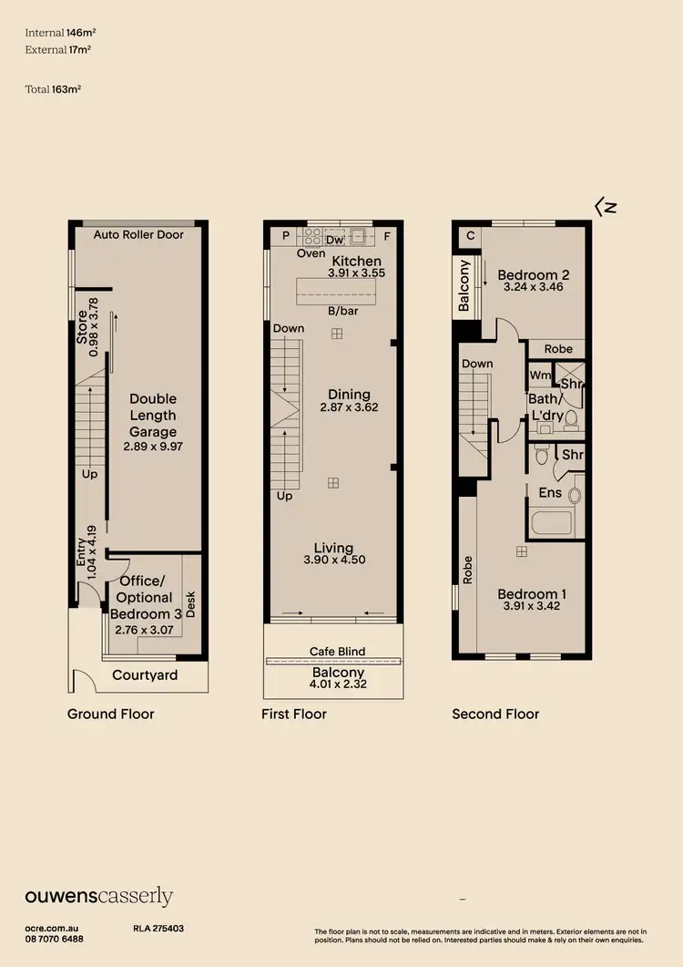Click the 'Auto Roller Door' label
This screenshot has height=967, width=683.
tap(138, 234)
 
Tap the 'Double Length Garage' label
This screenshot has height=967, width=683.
tap(152, 416)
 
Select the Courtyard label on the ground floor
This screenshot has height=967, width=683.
tap(145, 675)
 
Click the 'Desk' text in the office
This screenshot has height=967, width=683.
tap(190, 604)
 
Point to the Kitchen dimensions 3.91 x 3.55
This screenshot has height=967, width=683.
tap(357, 273)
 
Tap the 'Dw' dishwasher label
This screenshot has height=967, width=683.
tap(334, 241)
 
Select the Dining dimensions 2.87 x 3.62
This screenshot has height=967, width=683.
tap(349, 407)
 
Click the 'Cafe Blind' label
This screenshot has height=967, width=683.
tap(336, 651)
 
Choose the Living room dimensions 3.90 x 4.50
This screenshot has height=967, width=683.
tap(334, 560)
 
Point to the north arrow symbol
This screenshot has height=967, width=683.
tap(606, 207)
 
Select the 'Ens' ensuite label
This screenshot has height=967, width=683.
tap(550, 493)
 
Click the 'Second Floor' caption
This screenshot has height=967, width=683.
tap(495, 714)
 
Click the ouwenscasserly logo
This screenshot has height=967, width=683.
tap(98, 897)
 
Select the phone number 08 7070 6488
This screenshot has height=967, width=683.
tap(55, 939)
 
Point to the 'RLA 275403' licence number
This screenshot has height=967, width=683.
tap(158, 928)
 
